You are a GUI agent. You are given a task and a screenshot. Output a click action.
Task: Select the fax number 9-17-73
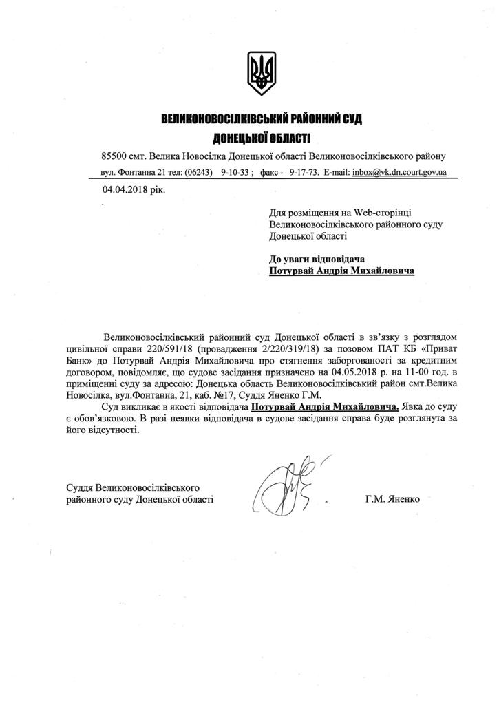pyautogui.click(x=304, y=171)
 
